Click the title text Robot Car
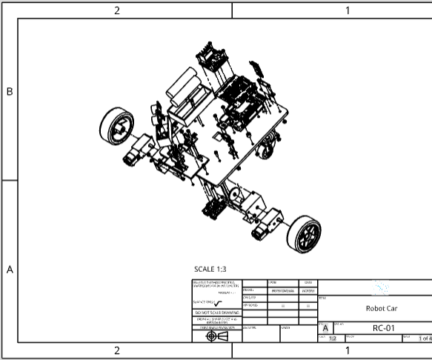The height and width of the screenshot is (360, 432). (x=381, y=308)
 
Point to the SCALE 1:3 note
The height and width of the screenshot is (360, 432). (x=213, y=270)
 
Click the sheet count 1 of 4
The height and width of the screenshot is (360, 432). (x=425, y=339)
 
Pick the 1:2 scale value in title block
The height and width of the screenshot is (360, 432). (x=332, y=339)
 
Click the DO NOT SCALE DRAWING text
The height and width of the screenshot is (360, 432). (x=216, y=313)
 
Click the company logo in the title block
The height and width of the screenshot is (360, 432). (x=381, y=287)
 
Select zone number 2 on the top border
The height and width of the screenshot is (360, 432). (x=116, y=10)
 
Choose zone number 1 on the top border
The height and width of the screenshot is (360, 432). (x=348, y=10)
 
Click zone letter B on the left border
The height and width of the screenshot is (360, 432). (x=10, y=92)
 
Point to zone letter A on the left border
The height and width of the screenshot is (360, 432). (x=10, y=270)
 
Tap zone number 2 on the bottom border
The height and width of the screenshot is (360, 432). (x=116, y=350)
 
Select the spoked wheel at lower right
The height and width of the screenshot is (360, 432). (x=305, y=234)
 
